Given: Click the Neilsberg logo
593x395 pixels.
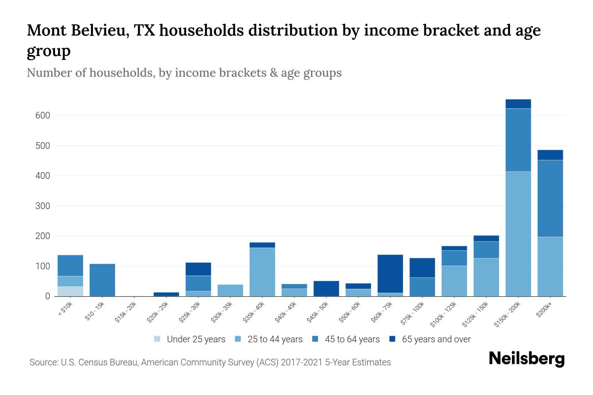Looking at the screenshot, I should tap(526, 359).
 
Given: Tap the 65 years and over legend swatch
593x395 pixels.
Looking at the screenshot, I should tap(392, 339).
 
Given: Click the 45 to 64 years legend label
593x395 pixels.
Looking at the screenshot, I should tap(352, 339).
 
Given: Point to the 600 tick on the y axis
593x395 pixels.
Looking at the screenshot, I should tap(43, 116).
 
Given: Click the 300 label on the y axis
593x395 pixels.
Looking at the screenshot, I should tap(43, 206).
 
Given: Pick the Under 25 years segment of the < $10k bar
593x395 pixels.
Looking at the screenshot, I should tap(70, 291).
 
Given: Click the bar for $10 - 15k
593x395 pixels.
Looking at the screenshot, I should tap(102, 280).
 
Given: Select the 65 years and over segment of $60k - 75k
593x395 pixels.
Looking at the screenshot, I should tap(390, 274).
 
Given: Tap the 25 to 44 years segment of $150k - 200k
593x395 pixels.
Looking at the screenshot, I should tap(518, 234).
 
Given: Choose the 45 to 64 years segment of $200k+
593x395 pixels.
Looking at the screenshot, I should tap(550, 198).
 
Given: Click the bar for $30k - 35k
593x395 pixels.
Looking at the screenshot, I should tap(230, 290).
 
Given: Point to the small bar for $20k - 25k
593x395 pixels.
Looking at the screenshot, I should tap(166, 294).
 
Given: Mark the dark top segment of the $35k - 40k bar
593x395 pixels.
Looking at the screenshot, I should tap(262, 245).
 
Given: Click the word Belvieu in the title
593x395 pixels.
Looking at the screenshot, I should tap(99, 31).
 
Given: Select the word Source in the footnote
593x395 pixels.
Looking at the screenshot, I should tap(43, 362).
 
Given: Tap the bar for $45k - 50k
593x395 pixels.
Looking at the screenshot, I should tap(326, 288).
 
